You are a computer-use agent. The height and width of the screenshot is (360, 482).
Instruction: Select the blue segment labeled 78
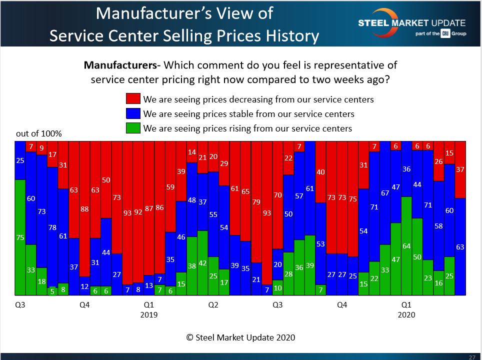(x=52, y=227)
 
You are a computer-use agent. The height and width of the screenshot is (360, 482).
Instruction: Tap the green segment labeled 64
(x=406, y=246)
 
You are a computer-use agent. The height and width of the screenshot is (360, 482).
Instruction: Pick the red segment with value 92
(x=138, y=212)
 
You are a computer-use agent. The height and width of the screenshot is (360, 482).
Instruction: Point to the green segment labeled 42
(x=202, y=263)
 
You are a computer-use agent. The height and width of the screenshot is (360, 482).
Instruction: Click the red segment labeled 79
(x=256, y=202)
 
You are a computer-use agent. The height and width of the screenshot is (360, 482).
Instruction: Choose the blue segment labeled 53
(x=320, y=243)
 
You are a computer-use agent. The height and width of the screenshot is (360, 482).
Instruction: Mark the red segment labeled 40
(x=320, y=172)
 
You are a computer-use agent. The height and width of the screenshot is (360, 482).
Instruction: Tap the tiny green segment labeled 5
(x=52, y=291)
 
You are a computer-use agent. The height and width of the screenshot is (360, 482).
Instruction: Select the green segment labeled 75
(x=20, y=237)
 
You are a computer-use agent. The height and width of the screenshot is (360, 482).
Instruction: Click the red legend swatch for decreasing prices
(x=133, y=99)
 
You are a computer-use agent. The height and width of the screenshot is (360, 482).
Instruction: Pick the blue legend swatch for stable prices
(x=133, y=113)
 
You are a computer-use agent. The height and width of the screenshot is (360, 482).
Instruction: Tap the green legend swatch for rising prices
(x=133, y=128)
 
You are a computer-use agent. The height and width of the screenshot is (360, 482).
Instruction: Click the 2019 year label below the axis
(x=149, y=315)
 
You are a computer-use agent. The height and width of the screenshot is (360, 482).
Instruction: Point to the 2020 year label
(x=406, y=315)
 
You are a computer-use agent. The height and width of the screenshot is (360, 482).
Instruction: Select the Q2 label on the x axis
(x=213, y=304)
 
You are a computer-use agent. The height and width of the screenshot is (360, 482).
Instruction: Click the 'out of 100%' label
(x=39, y=134)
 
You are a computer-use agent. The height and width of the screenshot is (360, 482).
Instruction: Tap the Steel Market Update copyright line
(x=240, y=337)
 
